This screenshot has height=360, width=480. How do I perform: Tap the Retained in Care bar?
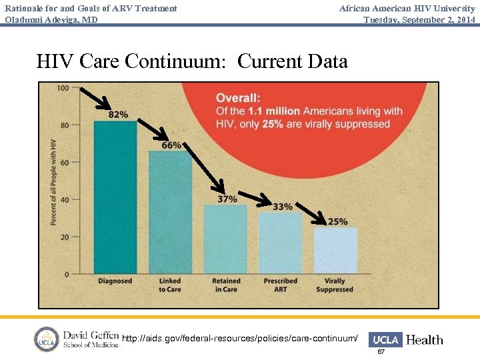point(225,239)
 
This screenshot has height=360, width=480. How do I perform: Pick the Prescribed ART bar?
point(280,243)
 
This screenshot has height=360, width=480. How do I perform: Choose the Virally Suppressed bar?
point(335,251)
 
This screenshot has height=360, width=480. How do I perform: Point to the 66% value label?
point(171,145)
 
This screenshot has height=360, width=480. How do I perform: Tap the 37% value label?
point(227,199)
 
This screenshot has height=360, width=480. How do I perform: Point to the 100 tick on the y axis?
point(63,88)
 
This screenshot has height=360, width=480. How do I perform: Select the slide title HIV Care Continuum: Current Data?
point(192,61)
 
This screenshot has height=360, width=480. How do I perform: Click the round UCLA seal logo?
point(47,339)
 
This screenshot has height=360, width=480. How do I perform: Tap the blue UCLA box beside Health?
point(385,339)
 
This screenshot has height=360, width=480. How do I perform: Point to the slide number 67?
point(381,351)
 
